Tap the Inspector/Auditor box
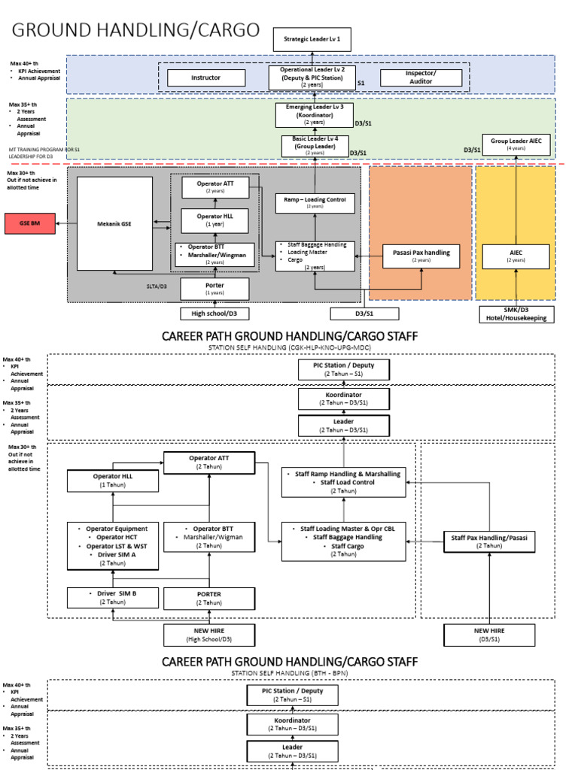click(420, 77)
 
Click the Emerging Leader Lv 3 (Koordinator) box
click(314, 115)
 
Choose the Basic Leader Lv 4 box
click(315, 146)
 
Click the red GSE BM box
click(29, 223)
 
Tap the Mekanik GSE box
click(115, 223)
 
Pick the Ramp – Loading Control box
click(315, 202)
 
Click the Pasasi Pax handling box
click(421, 256)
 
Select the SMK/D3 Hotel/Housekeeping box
click(516, 314)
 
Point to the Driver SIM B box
click(112, 598)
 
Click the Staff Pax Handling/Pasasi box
click(489, 541)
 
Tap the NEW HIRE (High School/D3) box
click(209, 635)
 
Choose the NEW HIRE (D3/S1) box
click(489, 635)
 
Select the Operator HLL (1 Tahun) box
click(112, 480)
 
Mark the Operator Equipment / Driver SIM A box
click(112, 546)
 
